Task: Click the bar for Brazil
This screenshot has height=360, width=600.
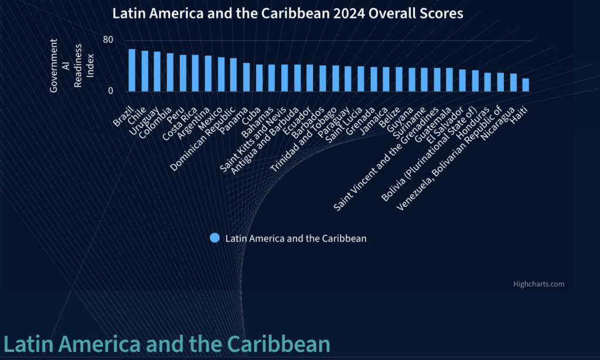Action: tap(132, 70)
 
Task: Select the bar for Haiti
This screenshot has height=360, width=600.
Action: tap(526, 85)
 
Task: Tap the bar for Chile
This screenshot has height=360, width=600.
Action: tap(145, 71)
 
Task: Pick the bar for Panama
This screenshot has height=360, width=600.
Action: tap(246, 77)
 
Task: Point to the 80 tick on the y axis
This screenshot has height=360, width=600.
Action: tap(108, 40)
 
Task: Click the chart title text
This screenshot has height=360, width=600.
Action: tap(288, 13)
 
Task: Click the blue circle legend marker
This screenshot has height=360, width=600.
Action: tap(214, 238)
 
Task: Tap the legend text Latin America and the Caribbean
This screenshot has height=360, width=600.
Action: tap(296, 238)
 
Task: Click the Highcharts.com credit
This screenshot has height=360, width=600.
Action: tap(538, 284)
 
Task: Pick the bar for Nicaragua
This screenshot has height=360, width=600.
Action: tap(513, 82)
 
